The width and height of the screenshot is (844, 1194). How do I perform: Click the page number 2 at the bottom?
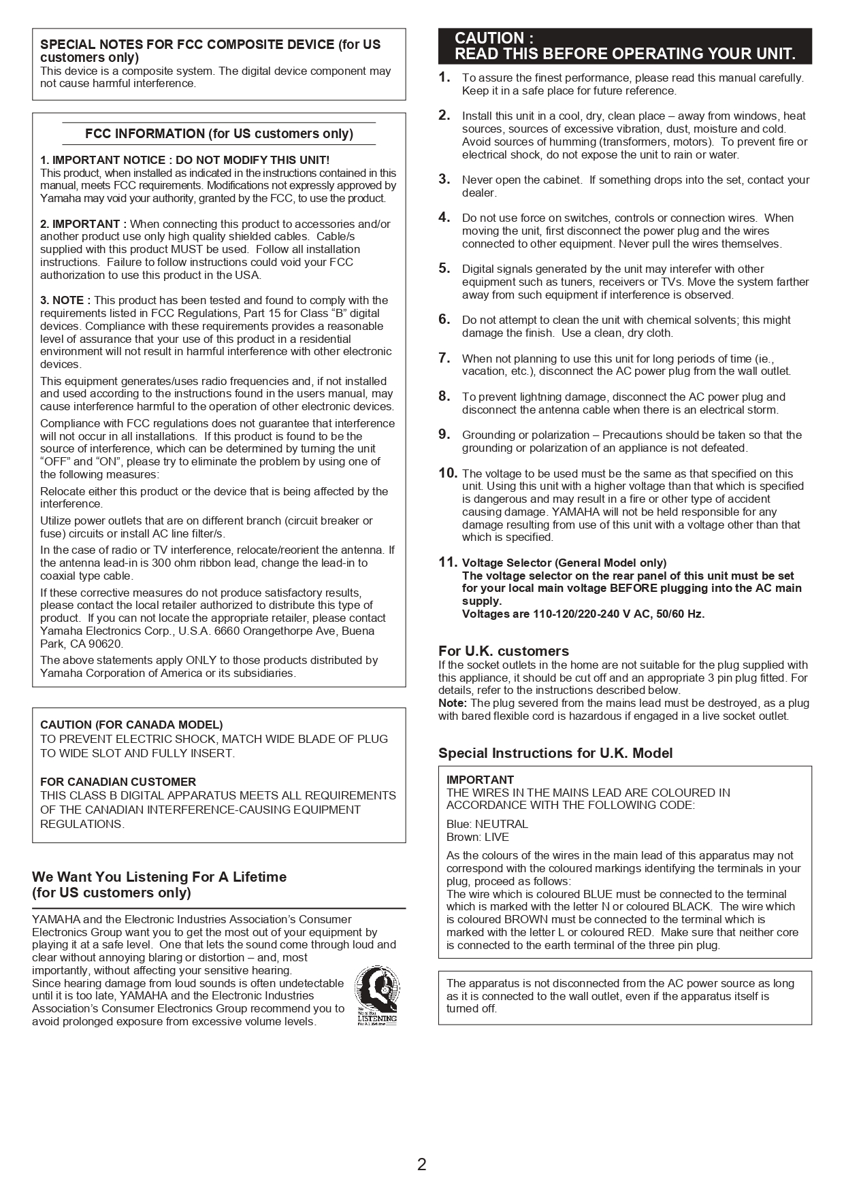[x=421, y=1164]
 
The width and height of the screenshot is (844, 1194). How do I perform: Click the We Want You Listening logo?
[x=376, y=995]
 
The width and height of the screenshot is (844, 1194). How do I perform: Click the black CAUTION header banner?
[x=624, y=46]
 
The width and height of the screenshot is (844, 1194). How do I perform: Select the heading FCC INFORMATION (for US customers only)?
[x=218, y=133]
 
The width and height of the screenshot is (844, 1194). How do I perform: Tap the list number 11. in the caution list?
[x=447, y=562]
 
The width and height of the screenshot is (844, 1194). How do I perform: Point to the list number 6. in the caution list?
[x=444, y=319]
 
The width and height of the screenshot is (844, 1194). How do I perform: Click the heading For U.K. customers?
[x=503, y=651]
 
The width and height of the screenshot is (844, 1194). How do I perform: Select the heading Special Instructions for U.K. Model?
[x=555, y=753]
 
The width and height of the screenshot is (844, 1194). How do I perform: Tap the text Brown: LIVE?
[x=477, y=837]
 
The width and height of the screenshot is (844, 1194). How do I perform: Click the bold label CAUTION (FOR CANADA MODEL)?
[x=131, y=725]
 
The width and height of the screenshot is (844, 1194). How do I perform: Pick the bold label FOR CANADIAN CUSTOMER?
[x=118, y=782]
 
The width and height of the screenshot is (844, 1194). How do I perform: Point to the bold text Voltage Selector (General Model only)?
[x=564, y=563]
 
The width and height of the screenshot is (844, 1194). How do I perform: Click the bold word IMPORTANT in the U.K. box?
[x=480, y=780]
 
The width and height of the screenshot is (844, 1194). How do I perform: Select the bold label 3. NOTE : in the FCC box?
[x=65, y=300]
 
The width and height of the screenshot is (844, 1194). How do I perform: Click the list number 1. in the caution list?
[x=444, y=77]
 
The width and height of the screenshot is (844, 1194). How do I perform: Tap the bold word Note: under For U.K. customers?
[x=452, y=703]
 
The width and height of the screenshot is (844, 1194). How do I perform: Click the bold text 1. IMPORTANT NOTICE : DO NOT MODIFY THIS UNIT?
[x=184, y=160]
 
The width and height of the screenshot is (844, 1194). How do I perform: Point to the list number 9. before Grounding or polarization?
[x=444, y=434]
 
